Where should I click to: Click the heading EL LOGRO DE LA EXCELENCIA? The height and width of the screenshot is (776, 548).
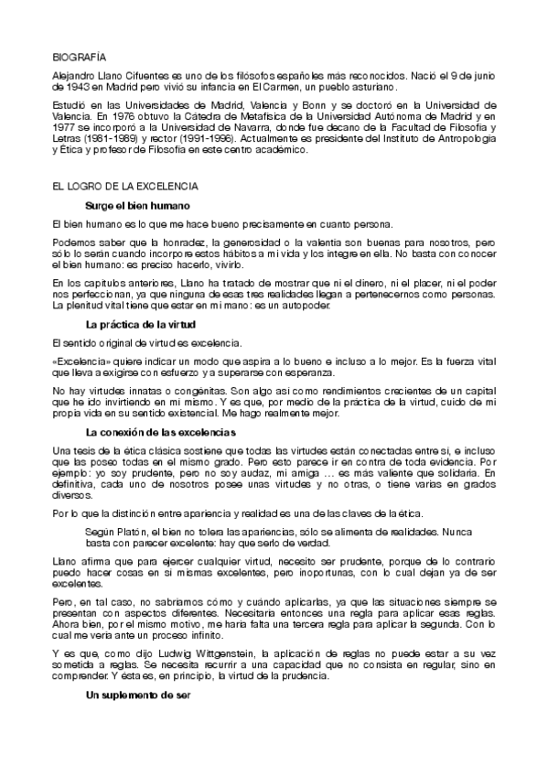coord(125,187)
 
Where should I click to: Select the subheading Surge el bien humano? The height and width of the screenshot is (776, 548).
coord(136,206)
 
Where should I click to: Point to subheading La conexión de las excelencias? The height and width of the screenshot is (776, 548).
coord(161,432)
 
